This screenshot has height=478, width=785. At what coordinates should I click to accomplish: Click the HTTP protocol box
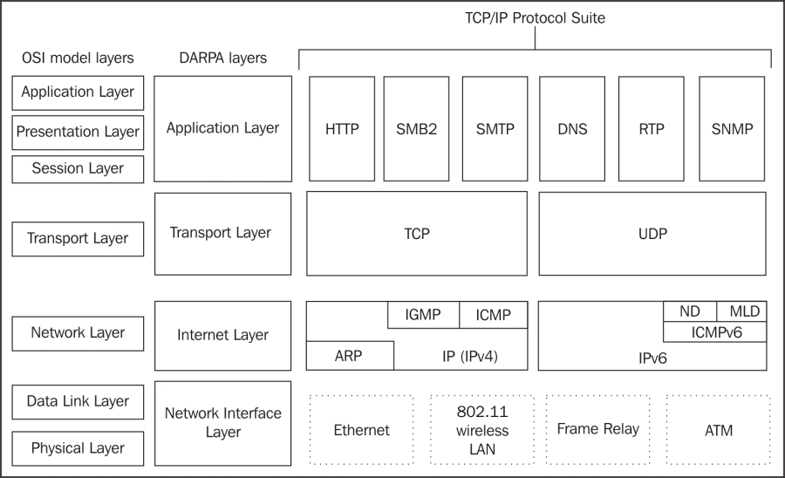(342, 128)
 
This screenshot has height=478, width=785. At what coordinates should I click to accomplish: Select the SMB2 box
(416, 128)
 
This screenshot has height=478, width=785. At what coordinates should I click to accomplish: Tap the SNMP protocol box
(732, 128)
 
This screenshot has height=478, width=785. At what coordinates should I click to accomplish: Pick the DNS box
(572, 128)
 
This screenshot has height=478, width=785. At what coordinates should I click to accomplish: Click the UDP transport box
(652, 234)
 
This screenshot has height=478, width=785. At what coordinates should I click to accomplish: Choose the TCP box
(417, 234)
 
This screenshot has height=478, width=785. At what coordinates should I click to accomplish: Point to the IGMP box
(423, 315)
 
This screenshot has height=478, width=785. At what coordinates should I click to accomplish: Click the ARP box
(350, 356)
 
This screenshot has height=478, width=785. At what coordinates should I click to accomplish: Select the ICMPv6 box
(715, 332)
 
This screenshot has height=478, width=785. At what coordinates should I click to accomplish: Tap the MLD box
(742, 311)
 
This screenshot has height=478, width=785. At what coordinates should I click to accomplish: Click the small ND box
(690, 311)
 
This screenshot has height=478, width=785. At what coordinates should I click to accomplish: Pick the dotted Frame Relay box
(597, 429)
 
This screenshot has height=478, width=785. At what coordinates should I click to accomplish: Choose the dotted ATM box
(719, 430)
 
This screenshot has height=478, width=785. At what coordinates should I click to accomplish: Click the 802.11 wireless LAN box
(482, 430)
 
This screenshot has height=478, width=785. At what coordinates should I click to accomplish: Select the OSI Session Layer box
(78, 168)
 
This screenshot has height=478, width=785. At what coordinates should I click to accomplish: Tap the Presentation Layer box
(78, 132)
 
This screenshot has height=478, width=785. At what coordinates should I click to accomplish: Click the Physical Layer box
(78, 448)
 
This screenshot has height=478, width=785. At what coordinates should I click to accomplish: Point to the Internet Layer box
(222, 335)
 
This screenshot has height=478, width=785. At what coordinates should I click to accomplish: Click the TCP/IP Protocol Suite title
(535, 18)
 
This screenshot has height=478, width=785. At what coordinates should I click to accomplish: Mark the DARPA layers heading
(222, 58)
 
